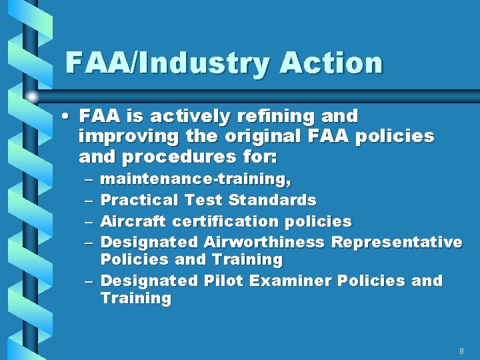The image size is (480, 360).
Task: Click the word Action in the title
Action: pos(331,63)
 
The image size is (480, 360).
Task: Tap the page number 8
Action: pos(461,351)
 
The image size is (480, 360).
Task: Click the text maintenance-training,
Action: pos(195,179)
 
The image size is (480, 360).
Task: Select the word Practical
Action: pos(139,200)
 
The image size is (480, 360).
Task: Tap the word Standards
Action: pos(272,200)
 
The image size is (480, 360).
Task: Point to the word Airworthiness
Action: pos(264,241)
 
